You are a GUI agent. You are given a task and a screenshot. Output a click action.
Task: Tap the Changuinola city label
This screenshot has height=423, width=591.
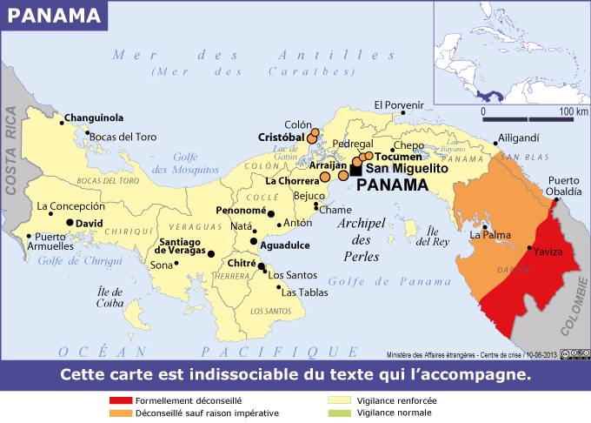point(94,117)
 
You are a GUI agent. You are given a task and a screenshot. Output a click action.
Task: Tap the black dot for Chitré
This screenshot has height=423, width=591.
point(261,267)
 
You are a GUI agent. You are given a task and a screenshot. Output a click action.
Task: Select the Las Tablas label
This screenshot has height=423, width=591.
point(304,292)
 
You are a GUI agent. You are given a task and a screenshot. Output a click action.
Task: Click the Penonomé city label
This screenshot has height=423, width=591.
point(241,210)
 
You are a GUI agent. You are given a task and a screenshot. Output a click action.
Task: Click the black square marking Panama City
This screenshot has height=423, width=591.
point(355,171)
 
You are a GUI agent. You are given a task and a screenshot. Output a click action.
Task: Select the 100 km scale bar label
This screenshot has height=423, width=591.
point(574,111)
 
